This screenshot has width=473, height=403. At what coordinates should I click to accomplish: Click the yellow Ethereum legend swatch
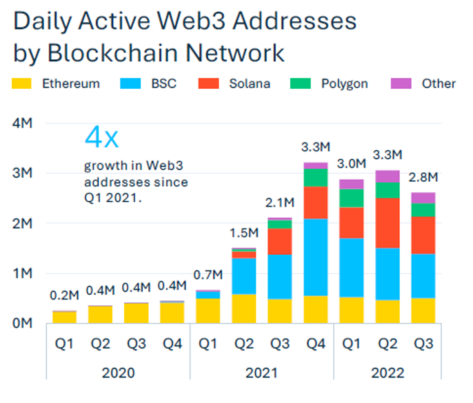click(23, 84)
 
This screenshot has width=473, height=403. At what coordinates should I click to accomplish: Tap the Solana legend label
click(249, 84)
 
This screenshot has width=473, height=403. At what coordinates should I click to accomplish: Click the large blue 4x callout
click(101, 137)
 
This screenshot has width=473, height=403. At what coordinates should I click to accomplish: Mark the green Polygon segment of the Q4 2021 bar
click(315, 178)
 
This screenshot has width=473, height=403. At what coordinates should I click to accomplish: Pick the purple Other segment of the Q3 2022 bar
click(423, 198)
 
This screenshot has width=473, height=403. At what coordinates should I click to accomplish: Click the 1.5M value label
click(244, 232)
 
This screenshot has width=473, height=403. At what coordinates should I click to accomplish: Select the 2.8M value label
click(423, 178)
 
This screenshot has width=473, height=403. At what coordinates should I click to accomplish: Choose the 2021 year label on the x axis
click(262, 373)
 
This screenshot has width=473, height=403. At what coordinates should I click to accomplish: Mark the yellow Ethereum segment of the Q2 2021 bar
click(244, 309)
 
